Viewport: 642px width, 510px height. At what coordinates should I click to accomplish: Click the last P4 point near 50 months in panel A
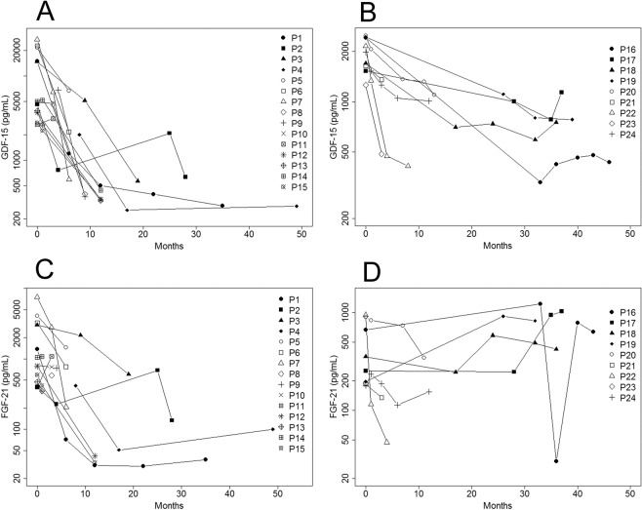(x=297, y=206)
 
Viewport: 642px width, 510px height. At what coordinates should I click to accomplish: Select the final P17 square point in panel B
(x=562, y=93)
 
